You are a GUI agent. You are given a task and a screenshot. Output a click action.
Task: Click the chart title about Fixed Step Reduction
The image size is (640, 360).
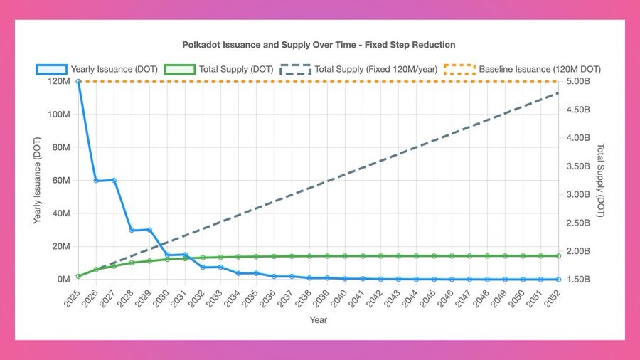click(319, 45)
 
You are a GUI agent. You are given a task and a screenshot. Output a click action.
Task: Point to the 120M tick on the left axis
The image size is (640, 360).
click(58, 81)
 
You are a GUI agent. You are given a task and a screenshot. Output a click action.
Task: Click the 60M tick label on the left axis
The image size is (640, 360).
click(60, 180)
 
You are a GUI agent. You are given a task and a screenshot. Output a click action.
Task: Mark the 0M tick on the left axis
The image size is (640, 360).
click(63, 280)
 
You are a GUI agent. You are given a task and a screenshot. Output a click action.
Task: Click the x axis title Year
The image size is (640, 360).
click(318, 320)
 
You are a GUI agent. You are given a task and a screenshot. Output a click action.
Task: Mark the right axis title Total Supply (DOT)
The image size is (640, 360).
click(601, 180)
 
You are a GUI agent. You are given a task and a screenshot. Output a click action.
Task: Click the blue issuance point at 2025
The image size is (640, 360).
click(78, 81)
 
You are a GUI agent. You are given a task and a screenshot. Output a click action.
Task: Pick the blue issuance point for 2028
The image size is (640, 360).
click(132, 230)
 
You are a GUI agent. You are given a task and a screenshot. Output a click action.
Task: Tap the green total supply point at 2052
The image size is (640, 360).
click(558, 255)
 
